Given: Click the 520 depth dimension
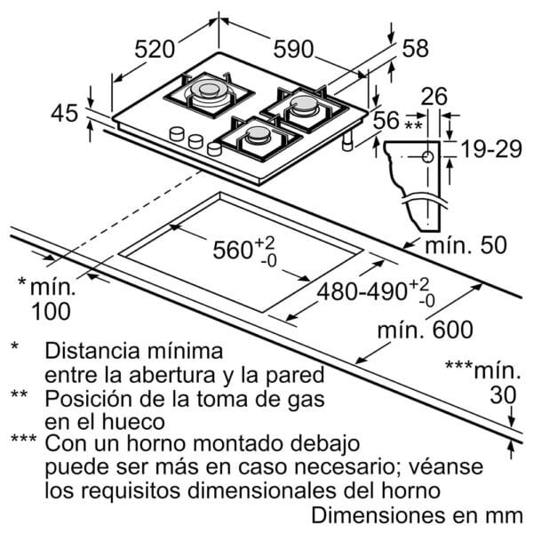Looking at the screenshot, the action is (155, 49).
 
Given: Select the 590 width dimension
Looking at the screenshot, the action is (293, 49).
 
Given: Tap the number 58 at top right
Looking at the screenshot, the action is (415, 48).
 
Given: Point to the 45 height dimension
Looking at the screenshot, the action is (65, 113).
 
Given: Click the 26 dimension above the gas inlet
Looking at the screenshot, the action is (434, 96).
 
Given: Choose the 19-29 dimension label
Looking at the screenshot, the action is (491, 149).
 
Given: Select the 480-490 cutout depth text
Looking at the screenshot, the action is (362, 291).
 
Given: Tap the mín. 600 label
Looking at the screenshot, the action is (426, 329).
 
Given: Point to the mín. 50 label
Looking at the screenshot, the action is (466, 245).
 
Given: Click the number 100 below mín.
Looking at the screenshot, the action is (51, 311).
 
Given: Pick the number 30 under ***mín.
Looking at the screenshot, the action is (503, 395).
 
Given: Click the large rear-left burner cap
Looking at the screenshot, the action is (209, 88).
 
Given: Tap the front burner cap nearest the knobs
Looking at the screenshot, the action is (258, 135).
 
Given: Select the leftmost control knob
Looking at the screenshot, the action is (177, 133).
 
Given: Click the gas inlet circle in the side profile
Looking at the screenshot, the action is (427, 157).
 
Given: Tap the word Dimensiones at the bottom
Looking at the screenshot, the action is (378, 515).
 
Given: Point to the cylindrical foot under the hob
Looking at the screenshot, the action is (347, 140).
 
